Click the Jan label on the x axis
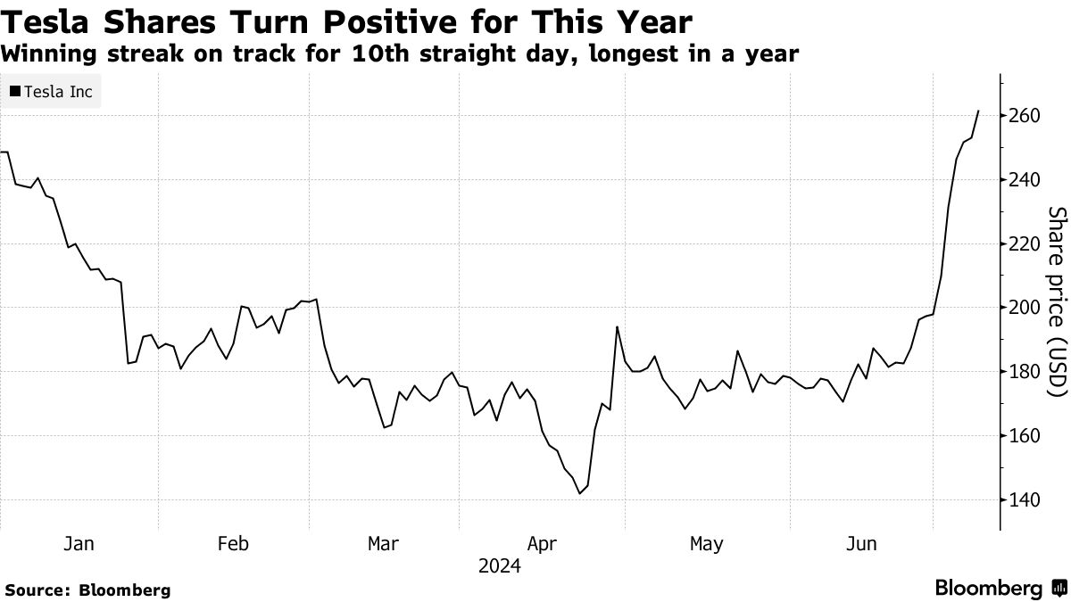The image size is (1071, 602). click(x=79, y=543)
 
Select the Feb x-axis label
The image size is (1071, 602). click(x=233, y=543)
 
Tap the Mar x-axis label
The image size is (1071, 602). click(x=384, y=543)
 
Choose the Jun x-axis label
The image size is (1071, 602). click(x=861, y=543)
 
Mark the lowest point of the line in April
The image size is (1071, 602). click(x=580, y=493)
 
